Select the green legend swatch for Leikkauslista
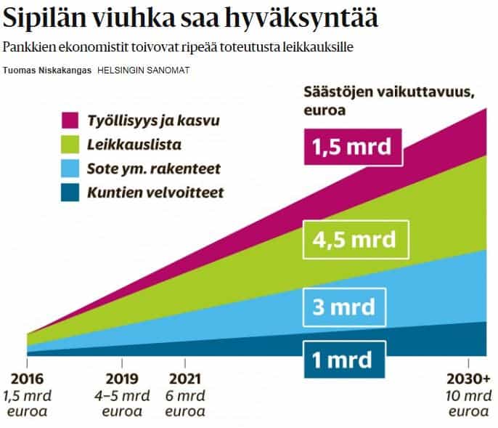(70, 144)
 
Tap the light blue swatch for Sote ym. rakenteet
(70, 169)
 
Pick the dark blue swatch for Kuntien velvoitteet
(70, 193)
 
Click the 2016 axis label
(28, 379)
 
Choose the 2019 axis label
(122, 379)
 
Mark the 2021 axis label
(184, 379)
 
